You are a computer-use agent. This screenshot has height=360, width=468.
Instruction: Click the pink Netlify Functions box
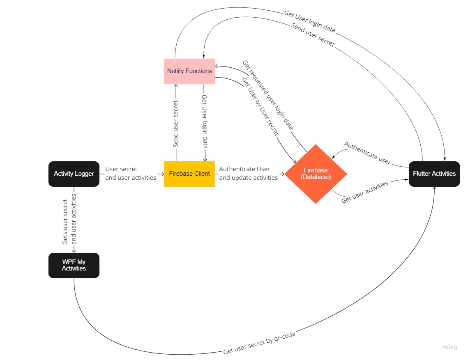pyautogui.click(x=189, y=71)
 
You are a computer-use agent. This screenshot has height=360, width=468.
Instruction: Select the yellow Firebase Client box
pyautogui.click(x=189, y=174)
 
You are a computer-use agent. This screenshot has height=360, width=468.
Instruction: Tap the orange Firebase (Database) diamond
pyautogui.click(x=316, y=174)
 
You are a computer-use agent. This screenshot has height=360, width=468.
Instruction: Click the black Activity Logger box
pyautogui.click(x=74, y=174)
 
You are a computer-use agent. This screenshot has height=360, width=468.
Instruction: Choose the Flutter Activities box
pyautogui.click(x=434, y=174)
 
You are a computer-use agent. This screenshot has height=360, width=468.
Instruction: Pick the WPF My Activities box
pyautogui.click(x=74, y=265)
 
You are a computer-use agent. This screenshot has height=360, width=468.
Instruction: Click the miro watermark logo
pyautogui.click(x=450, y=347)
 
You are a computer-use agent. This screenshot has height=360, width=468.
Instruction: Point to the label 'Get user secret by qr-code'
pyautogui.click(x=259, y=343)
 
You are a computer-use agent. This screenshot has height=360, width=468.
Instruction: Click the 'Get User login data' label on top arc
pyautogui.click(x=309, y=21)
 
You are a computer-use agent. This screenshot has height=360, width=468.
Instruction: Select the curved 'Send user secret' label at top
pyautogui.click(x=313, y=35)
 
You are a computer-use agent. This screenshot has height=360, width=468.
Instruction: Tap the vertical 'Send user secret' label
pyautogui.click(x=176, y=124)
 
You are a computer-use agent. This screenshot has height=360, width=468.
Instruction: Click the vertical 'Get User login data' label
pyautogui.click(x=204, y=122)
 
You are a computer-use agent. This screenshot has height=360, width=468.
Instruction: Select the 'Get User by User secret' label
pyautogui.click(x=260, y=106)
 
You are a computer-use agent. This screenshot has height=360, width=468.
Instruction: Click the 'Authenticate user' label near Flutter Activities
pyautogui.click(x=367, y=153)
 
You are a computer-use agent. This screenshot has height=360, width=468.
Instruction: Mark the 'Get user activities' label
pyautogui.click(x=365, y=192)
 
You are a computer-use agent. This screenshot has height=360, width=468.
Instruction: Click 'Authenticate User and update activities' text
pyautogui.click(x=248, y=173)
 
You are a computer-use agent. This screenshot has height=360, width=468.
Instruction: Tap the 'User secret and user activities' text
pyautogui.click(x=131, y=173)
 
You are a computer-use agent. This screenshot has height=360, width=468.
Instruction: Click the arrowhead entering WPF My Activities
pyautogui.click(x=74, y=251)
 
